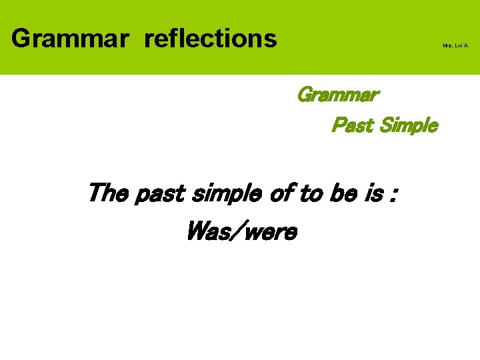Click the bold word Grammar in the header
pyautogui.click(x=69, y=39)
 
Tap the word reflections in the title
pyautogui.click(x=210, y=39)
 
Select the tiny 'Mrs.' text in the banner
pyautogui.click(x=447, y=46)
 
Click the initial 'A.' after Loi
pyautogui.click(x=466, y=46)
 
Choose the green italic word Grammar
pyautogui.click(x=337, y=95)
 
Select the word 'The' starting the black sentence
pyautogui.click(x=109, y=194)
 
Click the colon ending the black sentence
pyautogui.click(x=394, y=197)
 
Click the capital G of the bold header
pyautogui.click(x=21, y=39)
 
